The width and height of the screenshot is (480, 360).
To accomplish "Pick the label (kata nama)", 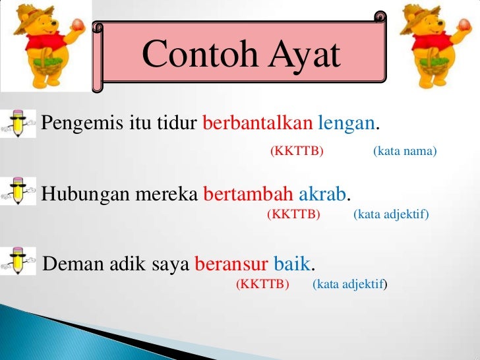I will tap(405, 152).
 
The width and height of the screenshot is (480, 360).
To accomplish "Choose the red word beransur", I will tap(231, 264).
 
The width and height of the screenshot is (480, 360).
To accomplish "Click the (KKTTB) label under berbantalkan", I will tap(297, 152).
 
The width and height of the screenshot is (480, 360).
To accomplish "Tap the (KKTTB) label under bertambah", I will tap(293, 215).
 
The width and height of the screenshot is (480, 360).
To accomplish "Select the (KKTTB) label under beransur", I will tap(263, 285).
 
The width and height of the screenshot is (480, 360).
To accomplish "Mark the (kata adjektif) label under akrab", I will tap(391, 215).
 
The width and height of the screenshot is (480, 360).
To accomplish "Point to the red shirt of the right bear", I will tap(435, 49).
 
